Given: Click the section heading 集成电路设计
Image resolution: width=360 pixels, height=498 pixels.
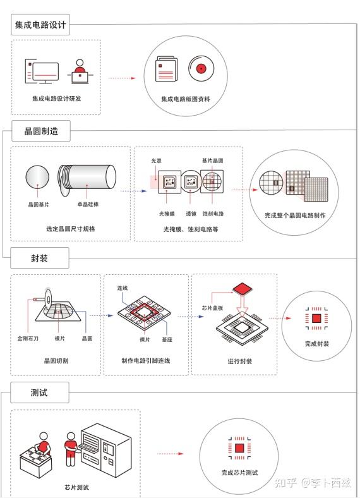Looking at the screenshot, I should [x=41, y=26].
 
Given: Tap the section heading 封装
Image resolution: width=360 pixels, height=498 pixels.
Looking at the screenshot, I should [x=40, y=258].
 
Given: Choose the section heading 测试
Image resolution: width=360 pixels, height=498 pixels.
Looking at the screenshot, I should [x=39, y=392].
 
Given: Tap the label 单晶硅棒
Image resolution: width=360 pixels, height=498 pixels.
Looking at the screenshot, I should [x=88, y=205].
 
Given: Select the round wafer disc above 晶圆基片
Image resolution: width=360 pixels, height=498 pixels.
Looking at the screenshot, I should [x=40, y=177].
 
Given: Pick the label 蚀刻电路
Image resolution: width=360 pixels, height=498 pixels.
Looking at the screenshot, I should [x=213, y=214].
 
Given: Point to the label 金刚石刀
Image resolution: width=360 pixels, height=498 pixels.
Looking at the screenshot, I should [x=28, y=339].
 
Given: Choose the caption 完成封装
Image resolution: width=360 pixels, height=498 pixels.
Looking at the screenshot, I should [x=316, y=344].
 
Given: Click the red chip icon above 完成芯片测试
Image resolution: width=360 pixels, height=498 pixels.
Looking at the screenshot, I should [x=239, y=448].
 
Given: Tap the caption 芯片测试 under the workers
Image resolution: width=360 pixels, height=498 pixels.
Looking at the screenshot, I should [x=76, y=487].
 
